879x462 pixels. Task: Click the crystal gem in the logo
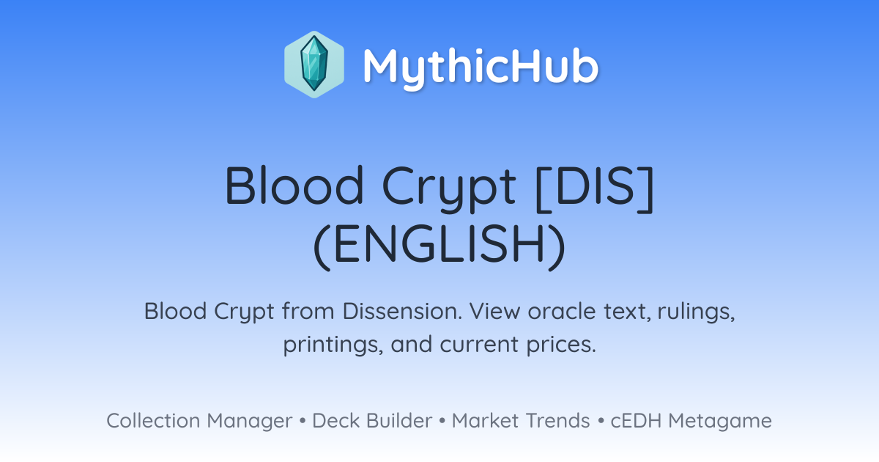(314, 64)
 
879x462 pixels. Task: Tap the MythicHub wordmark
(481, 66)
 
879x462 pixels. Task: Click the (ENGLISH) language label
(439, 246)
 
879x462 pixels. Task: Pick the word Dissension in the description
(402, 311)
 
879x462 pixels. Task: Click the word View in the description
(494, 311)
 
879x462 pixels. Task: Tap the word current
(479, 345)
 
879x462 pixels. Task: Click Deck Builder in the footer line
(372, 420)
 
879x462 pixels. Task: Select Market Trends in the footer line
(521, 420)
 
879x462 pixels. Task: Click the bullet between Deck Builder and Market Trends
(442, 421)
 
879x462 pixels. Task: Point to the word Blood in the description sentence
(175, 311)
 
